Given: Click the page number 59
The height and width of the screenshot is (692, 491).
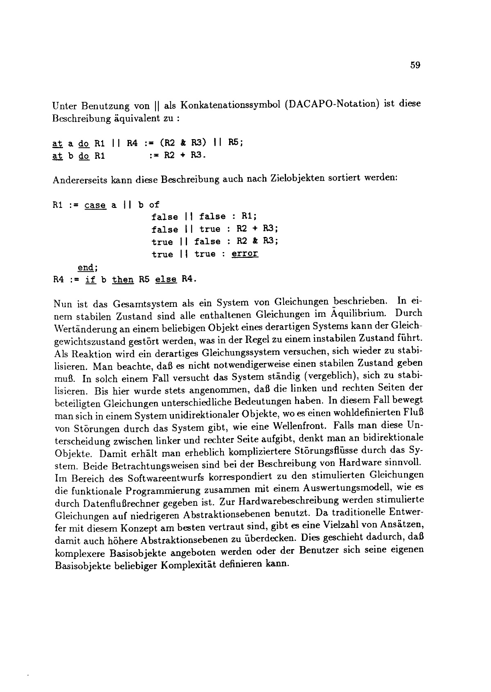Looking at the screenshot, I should tap(415, 65).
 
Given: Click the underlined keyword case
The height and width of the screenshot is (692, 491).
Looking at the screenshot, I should tap(95, 205).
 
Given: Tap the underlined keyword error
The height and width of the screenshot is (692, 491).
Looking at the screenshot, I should tap(245, 254).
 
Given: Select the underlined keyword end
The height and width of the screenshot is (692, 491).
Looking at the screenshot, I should tap(86, 268).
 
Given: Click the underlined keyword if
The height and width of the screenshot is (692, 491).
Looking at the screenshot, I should tap(90, 280).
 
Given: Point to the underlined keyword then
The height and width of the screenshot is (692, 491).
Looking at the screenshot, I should tap(123, 280).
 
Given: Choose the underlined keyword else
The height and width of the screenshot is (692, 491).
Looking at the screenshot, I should tap(166, 280).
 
